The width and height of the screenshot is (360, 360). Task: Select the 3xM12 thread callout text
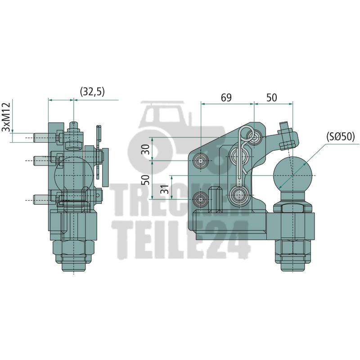(x=6, y=117)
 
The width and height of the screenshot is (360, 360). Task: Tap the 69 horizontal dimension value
(x=226, y=98)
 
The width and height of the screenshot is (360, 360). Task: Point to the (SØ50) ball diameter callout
(x=341, y=137)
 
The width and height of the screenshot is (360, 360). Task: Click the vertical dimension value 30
(x=146, y=149)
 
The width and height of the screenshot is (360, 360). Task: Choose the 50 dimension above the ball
(x=272, y=98)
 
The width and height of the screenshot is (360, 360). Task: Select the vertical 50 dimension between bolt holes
(x=146, y=180)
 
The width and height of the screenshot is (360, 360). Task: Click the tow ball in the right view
(x=293, y=175)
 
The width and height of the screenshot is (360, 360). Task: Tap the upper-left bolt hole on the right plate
(x=200, y=161)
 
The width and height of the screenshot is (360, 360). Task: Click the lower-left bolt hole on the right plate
(x=200, y=199)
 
